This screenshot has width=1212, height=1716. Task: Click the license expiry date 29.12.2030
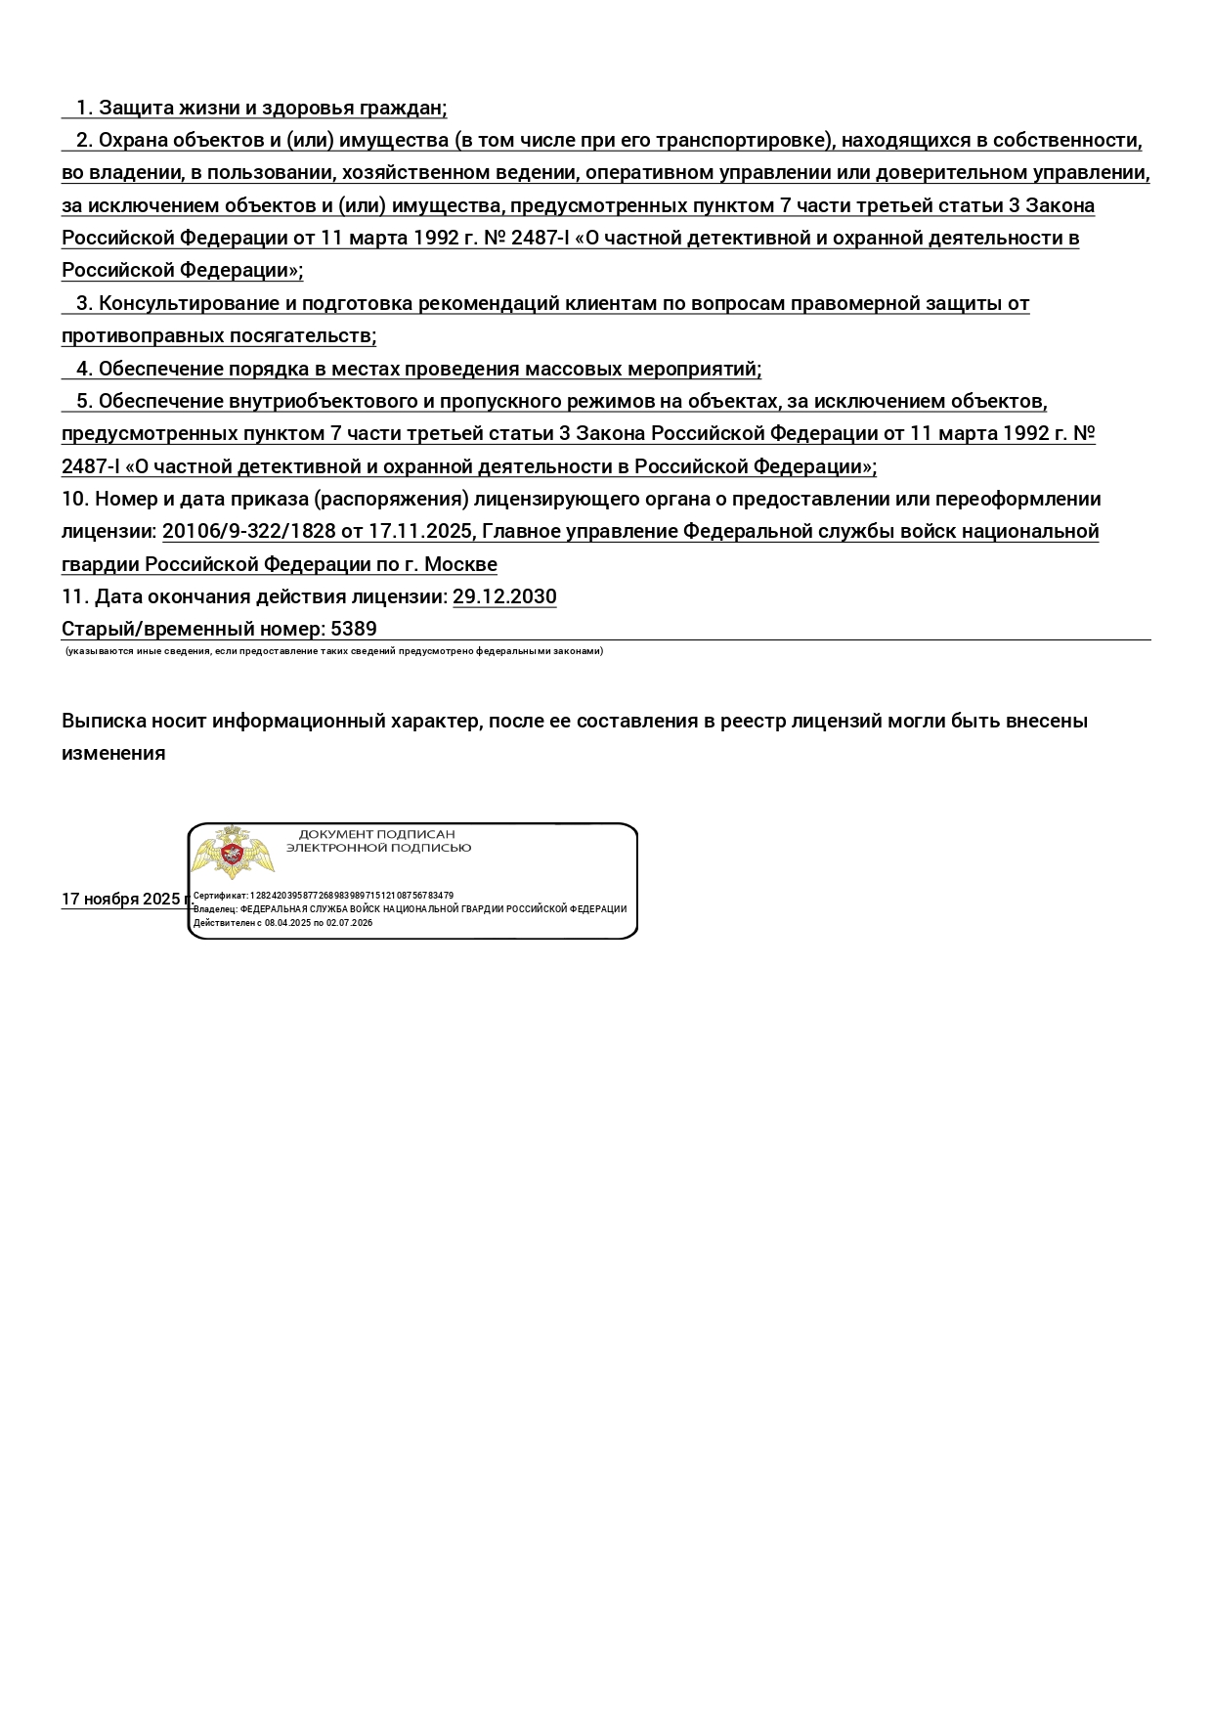(x=504, y=596)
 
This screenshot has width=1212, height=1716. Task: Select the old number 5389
(x=354, y=629)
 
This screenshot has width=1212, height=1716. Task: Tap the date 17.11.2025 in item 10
(x=420, y=531)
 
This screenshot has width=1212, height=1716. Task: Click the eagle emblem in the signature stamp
(x=232, y=853)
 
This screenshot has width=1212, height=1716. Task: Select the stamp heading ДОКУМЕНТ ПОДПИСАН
(x=376, y=834)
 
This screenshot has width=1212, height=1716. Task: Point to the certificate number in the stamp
(x=352, y=896)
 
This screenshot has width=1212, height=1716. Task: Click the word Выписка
(x=103, y=721)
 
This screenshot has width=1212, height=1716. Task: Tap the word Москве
(x=460, y=564)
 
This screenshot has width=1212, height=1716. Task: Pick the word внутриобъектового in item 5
(x=322, y=401)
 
